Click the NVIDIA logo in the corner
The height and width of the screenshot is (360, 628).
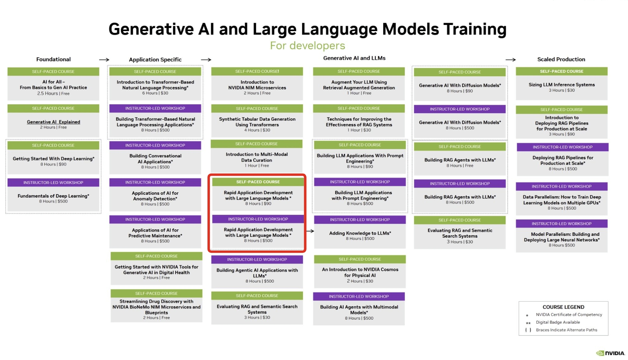610,353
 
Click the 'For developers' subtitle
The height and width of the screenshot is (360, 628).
307,45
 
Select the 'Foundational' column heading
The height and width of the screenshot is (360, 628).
53,59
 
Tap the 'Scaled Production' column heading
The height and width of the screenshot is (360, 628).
561,59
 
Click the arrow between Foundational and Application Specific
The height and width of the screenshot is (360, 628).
104,59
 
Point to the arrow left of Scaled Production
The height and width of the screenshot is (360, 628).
510,59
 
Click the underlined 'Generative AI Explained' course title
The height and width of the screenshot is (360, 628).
53,122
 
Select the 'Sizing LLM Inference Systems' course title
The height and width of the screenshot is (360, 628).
561,84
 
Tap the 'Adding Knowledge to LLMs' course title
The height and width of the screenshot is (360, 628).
360,233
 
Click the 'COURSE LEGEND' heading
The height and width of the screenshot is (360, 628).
563,307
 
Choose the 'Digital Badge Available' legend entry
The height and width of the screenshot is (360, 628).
558,322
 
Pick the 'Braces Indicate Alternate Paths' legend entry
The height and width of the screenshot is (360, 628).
566,330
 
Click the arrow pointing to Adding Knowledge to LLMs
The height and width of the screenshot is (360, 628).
310,231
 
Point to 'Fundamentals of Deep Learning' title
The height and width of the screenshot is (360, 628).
53,196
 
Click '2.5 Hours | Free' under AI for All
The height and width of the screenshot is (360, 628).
53,93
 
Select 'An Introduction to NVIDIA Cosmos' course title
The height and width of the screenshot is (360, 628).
360,272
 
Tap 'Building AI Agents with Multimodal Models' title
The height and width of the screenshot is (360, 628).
359,310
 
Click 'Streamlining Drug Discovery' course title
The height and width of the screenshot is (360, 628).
156,307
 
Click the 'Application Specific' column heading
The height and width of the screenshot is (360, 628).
155,59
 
